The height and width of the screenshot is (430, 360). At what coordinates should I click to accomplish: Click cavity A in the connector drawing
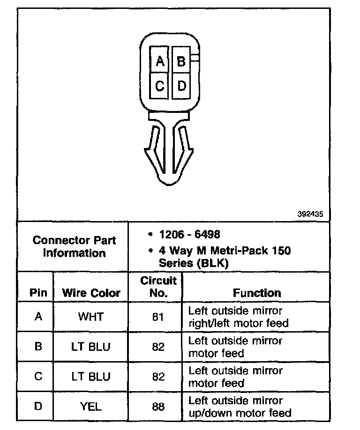pyautogui.click(x=160, y=60)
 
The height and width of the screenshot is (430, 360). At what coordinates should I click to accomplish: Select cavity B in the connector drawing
pyautogui.click(x=181, y=60)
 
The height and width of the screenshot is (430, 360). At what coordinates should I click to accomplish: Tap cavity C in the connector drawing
pyautogui.click(x=160, y=86)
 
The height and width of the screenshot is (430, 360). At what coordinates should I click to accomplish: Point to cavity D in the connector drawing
pyautogui.click(x=181, y=86)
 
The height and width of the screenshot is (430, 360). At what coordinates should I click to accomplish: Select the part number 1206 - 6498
pyautogui.click(x=189, y=234)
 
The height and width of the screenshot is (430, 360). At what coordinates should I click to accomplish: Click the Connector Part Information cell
pyautogui.click(x=74, y=247)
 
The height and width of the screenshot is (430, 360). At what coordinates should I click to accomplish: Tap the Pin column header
pyautogui.click(x=38, y=293)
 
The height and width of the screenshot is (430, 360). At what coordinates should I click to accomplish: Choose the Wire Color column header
pyautogui.click(x=91, y=293)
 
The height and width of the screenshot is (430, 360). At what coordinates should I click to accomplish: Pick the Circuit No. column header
pyautogui.click(x=158, y=287)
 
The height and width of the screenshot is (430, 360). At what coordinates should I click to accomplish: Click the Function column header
pyautogui.click(x=257, y=293)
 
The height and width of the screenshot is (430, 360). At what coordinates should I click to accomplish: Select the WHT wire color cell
pyautogui.click(x=91, y=317)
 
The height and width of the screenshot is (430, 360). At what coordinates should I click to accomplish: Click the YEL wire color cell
pyautogui.click(x=91, y=407)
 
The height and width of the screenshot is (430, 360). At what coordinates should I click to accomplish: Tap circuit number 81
pyautogui.click(x=158, y=317)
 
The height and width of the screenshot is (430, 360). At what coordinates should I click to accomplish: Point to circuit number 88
pyautogui.click(x=158, y=407)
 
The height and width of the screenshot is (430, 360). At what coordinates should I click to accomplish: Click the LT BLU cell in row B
pyautogui.click(x=91, y=347)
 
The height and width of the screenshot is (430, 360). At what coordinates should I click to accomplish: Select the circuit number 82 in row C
pyautogui.click(x=158, y=377)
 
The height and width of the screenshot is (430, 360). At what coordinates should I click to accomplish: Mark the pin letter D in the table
pyautogui.click(x=38, y=406)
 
